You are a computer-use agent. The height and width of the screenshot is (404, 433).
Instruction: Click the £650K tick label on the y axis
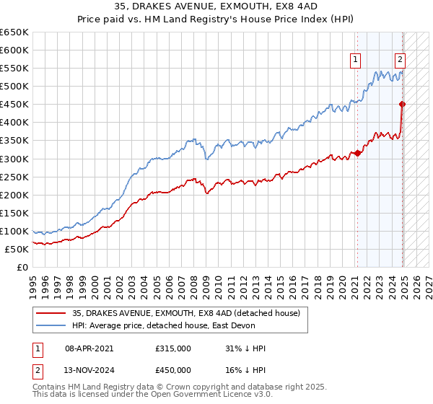pos(14,32)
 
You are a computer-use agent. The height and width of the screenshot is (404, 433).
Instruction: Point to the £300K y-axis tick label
pos(14,159)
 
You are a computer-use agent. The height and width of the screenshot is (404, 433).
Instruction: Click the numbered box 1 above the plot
pos(356,61)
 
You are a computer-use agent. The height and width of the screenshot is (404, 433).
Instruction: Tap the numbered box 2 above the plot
pos(400,61)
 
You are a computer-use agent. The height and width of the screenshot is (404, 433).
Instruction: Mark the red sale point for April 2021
pos(357,153)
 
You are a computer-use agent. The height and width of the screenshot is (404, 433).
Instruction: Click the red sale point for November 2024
pos(403,105)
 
